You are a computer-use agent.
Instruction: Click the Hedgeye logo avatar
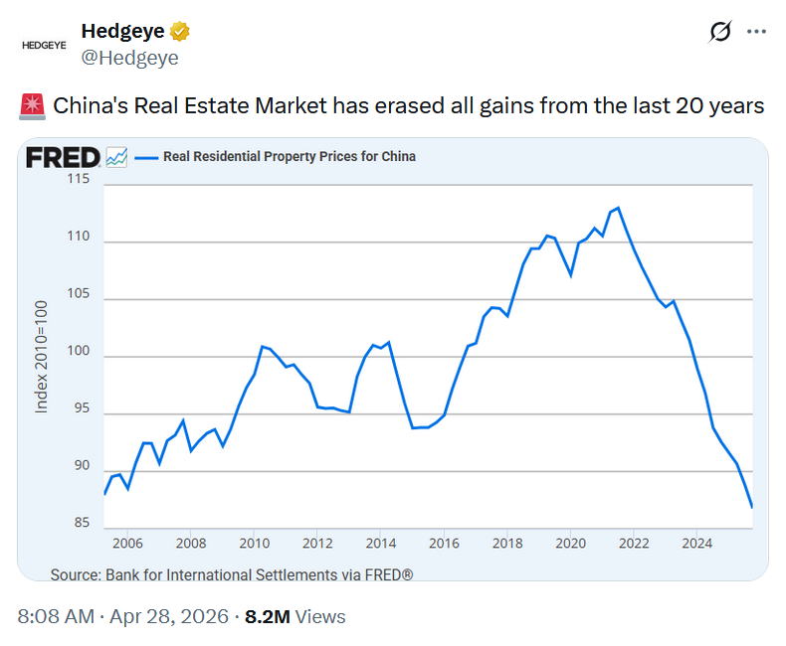pyautogui.click(x=44, y=45)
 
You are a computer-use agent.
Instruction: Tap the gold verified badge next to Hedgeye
pyautogui.click(x=180, y=32)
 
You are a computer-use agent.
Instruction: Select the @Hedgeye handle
pyautogui.click(x=129, y=58)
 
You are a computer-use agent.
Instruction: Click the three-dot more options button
pyautogui.click(x=756, y=32)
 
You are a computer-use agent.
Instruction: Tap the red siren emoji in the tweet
pyautogui.click(x=31, y=105)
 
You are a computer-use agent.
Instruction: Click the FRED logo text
pyautogui.click(x=62, y=157)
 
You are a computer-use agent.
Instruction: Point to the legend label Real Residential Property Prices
pyautogui.click(x=289, y=156)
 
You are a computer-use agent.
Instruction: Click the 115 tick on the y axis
pyautogui.click(x=78, y=179)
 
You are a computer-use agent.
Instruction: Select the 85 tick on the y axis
pyautogui.click(x=81, y=523)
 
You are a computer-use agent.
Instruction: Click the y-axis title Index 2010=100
pyautogui.click(x=42, y=355)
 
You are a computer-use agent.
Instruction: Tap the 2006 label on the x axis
pyautogui.click(x=127, y=544)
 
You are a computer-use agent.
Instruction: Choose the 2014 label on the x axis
pyautogui.click(x=380, y=544)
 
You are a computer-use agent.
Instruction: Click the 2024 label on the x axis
pyautogui.click(x=696, y=544)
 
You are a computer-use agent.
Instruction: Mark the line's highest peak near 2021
pyautogui.click(x=618, y=208)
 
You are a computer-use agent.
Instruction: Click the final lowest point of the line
pyautogui.click(x=751, y=507)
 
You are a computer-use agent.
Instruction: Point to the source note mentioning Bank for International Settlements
pyautogui.click(x=231, y=574)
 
